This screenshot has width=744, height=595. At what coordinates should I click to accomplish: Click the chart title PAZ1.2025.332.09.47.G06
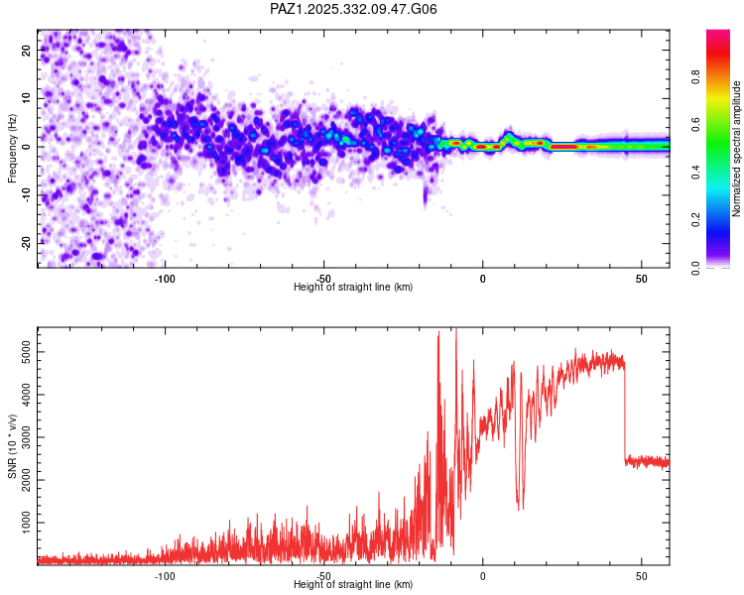point(353,9)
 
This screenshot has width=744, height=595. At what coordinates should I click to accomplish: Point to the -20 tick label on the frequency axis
point(25,243)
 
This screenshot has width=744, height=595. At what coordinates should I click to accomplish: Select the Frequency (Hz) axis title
point(12,147)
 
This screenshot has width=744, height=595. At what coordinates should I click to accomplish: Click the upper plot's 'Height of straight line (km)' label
point(353,287)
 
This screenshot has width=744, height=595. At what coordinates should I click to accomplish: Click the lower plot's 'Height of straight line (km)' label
point(353,584)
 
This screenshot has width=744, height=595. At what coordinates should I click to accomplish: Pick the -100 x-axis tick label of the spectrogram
point(165,278)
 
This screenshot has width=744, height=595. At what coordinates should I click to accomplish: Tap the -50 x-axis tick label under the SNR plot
point(323,575)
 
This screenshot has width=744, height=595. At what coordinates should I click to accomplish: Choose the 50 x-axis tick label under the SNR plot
point(642,575)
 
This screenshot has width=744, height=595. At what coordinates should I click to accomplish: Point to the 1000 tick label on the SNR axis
point(23,522)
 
